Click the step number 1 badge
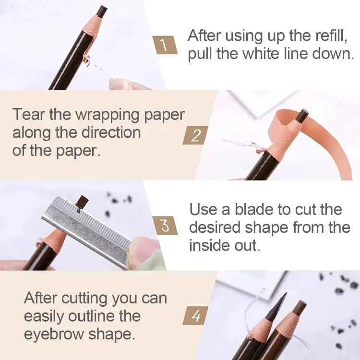pyautogui.click(x=164, y=46)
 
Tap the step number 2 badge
pyautogui.click(x=195, y=135)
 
